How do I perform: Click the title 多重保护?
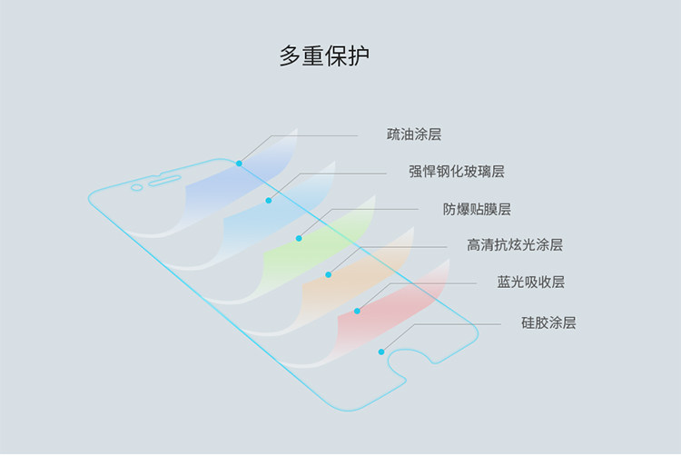(x=323, y=56)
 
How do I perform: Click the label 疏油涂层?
(x=413, y=134)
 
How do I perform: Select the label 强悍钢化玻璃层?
(x=456, y=171)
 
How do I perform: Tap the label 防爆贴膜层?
(x=476, y=209)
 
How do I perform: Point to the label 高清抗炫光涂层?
(x=514, y=245)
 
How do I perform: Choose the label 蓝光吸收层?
(x=530, y=283)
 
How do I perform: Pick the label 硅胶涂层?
(x=548, y=322)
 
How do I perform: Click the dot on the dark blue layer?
(x=239, y=164)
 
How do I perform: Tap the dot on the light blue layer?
(x=269, y=200)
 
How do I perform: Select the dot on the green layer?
(x=299, y=238)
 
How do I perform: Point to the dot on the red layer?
(x=358, y=311)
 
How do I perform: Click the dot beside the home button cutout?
(x=382, y=352)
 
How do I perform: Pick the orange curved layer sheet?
(x=345, y=282)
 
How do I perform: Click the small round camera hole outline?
(x=136, y=188)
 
